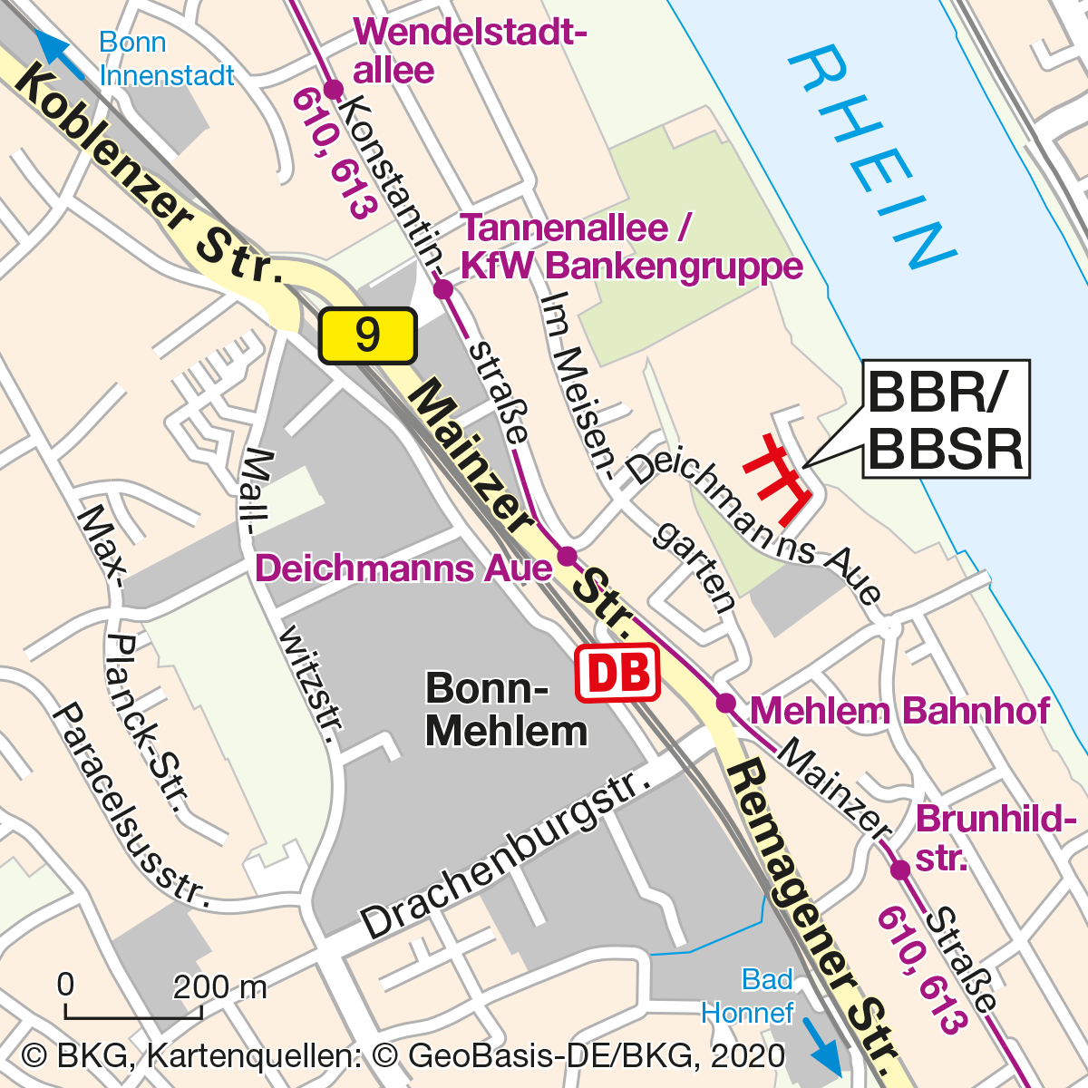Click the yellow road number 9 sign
[367, 335]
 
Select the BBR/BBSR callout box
[945, 419]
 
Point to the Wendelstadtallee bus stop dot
[333, 89]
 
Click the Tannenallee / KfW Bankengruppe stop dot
[442, 289]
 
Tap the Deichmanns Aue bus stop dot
[567, 555]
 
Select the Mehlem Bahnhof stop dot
[725, 703]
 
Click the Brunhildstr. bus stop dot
[899, 870]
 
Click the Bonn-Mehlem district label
[505, 709]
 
